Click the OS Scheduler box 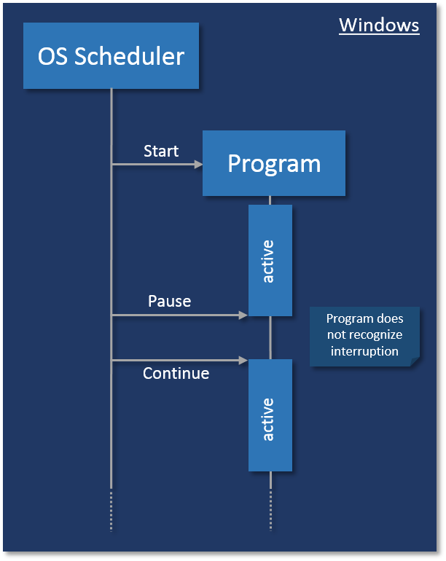111,56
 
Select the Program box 274,163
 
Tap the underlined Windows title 379,25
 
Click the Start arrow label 161,151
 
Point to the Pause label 169,301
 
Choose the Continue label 176,373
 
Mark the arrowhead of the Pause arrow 243,315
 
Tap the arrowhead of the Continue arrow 243,360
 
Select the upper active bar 270,260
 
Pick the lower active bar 270,415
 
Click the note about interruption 364,335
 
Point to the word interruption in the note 364,351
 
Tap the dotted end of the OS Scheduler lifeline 111,510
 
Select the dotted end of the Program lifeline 270,510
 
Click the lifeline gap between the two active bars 270,337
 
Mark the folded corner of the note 414,361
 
